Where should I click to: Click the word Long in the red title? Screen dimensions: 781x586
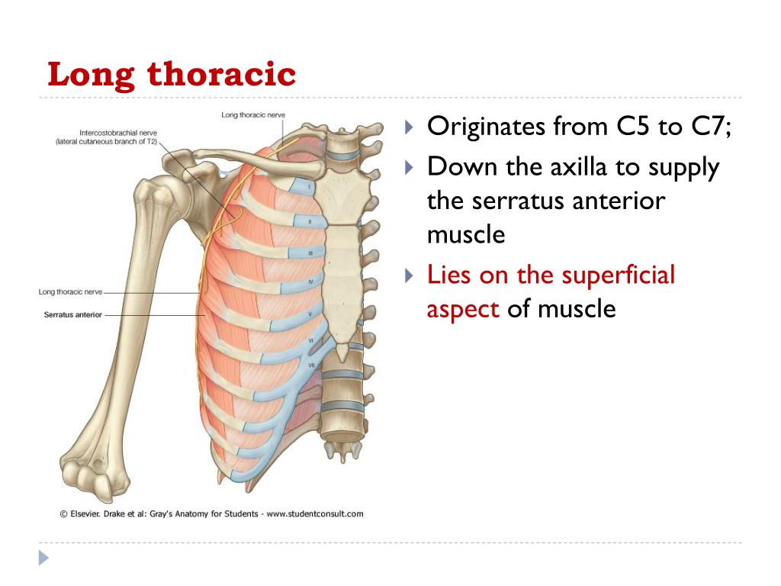91,76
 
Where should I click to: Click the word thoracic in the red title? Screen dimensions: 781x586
221,74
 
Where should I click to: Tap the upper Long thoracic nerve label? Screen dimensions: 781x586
253,115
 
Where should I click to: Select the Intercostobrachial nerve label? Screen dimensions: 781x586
118,133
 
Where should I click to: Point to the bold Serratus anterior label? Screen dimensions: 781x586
72,315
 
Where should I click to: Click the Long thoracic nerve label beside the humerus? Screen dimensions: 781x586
70,292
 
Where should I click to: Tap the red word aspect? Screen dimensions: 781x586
463,310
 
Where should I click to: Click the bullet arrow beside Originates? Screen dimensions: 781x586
409,127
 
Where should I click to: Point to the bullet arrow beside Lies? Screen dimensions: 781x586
409,275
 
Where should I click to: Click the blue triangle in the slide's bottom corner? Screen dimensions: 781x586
43,558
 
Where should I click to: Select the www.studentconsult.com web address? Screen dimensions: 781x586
315,514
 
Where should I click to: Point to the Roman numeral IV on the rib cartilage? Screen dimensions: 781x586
311,282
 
